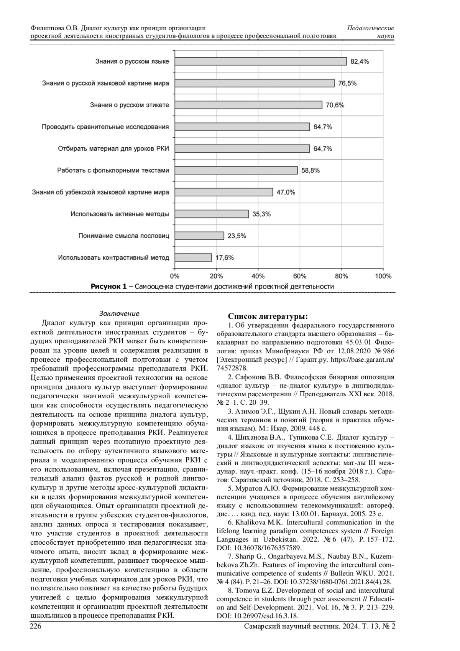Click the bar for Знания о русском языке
coord(261,61)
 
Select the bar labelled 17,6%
coord(193,257)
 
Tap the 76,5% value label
coord(347,83)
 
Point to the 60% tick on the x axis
coord(299,276)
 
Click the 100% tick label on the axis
coord(383,276)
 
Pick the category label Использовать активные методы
coord(120,214)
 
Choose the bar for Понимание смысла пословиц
coord(199,236)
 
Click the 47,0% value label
coord(286,193)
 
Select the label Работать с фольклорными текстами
coord(113,170)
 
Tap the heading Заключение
coord(119,314)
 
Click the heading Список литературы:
coord(268,316)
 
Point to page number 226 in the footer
coord(36,626)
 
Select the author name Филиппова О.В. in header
coord(54,28)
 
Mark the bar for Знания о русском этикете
coord(248,105)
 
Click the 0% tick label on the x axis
coord(175,276)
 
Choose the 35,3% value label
coord(261,214)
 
